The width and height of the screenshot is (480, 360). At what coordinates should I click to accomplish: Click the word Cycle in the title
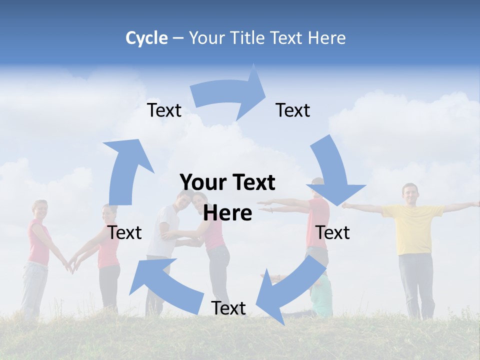click(146, 38)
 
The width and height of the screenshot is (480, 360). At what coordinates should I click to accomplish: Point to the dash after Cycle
click(177, 38)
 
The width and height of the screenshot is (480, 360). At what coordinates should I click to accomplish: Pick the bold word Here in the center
click(227, 213)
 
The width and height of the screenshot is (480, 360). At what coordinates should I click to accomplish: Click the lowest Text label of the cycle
click(228, 308)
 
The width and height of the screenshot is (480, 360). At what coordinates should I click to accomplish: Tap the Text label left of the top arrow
click(164, 110)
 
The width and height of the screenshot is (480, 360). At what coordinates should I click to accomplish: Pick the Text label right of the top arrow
click(293, 110)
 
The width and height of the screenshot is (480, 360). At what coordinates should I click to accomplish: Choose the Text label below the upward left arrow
click(125, 232)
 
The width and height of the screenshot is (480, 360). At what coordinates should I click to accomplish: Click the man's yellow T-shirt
click(413, 227)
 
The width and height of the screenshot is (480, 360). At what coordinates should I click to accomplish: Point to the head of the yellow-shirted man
click(410, 193)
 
